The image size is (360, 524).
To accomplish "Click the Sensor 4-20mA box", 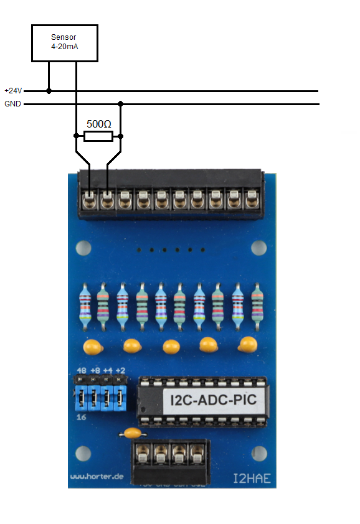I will click(x=65, y=43).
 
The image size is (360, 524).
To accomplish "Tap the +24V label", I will click(x=13, y=91).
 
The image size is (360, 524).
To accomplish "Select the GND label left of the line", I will click(x=12, y=104).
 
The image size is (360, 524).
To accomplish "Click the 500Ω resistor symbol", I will click(x=98, y=136).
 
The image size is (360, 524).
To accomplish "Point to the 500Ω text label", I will click(x=99, y=123).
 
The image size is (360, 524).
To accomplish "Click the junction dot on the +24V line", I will click(x=49, y=91).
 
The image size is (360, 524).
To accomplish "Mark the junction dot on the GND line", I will click(x=121, y=104).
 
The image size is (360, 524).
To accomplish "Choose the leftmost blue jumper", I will click(x=81, y=396).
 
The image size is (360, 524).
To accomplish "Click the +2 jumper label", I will click(x=121, y=371).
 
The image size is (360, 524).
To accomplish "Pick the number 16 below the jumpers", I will click(x=81, y=418).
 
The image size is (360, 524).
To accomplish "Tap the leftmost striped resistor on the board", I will click(x=85, y=307).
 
